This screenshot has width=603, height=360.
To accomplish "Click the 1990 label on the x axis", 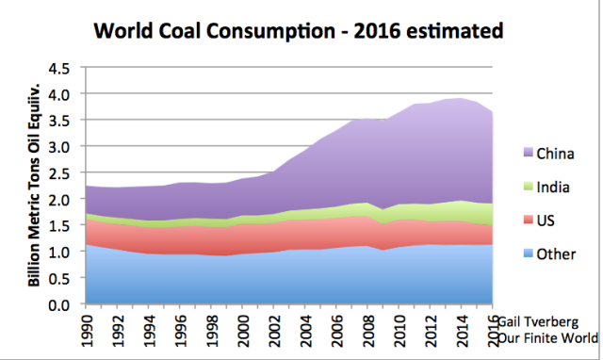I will tap(86, 329).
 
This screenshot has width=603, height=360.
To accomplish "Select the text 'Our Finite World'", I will tap(549, 337).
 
